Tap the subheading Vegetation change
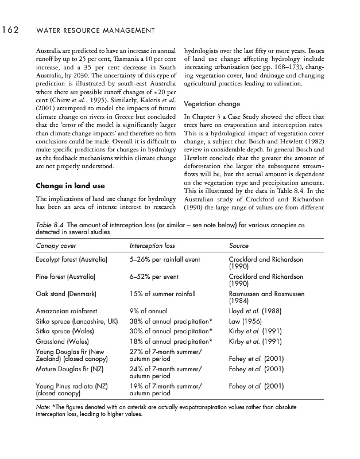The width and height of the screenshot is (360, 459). [x=212, y=104]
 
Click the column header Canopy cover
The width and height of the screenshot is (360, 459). [x=56, y=246]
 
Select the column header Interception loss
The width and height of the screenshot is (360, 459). [x=152, y=246]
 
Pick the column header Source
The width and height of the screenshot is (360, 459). [x=239, y=246]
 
